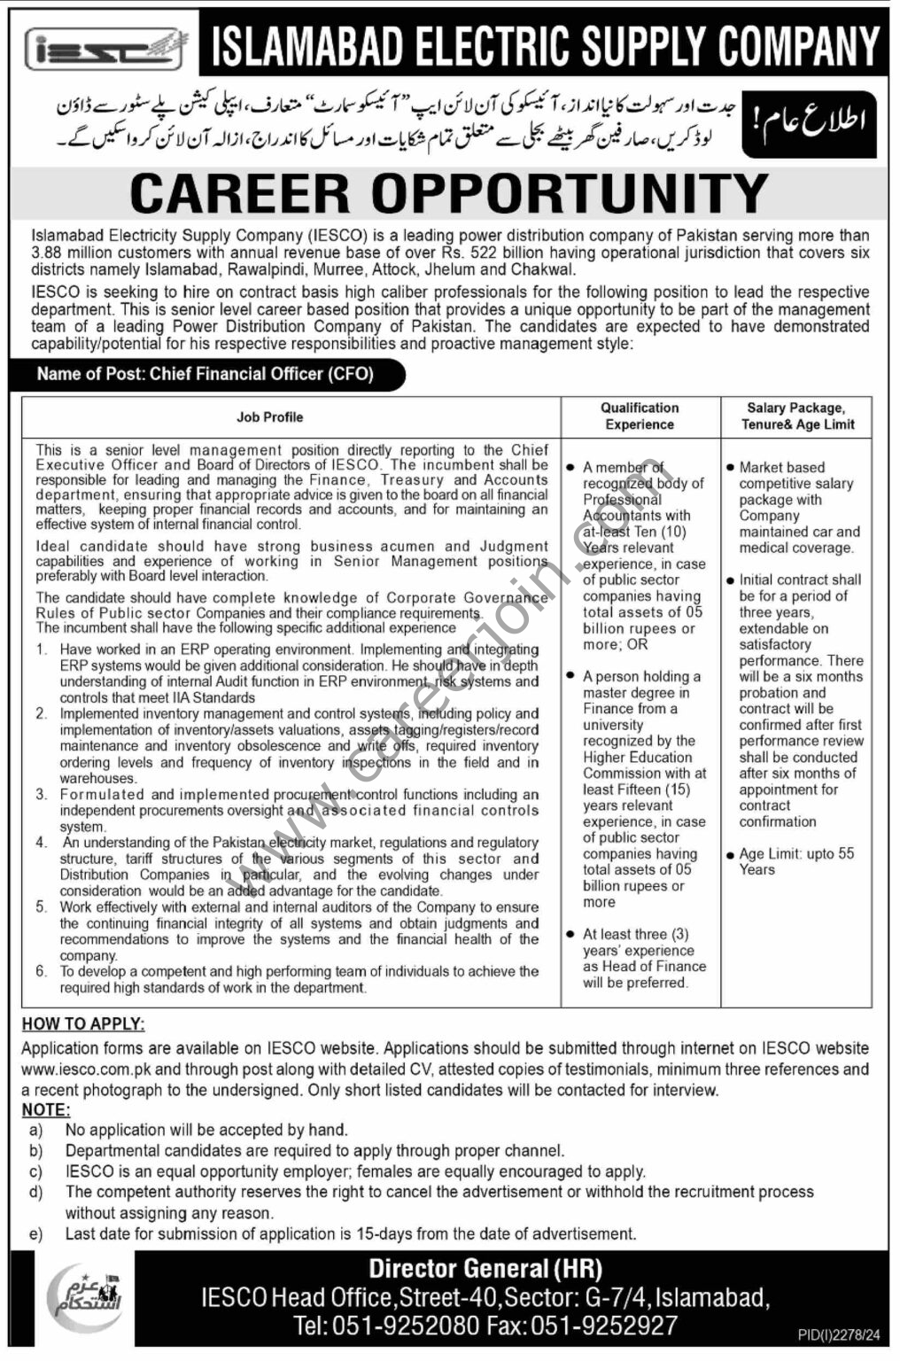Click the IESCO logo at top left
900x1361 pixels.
pos(105,48)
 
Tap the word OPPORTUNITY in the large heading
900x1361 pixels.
pos(570,193)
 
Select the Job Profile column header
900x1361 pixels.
pos(269,416)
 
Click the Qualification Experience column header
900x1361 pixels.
pos(640,416)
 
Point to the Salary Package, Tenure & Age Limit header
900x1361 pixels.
pos(795,416)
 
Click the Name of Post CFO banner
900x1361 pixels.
pos(206,374)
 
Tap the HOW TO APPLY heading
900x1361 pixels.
pos(82,1023)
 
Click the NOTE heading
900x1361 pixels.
pos(45,1109)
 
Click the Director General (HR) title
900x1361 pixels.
pos(485,1268)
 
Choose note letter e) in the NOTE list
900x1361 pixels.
pos(35,1233)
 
